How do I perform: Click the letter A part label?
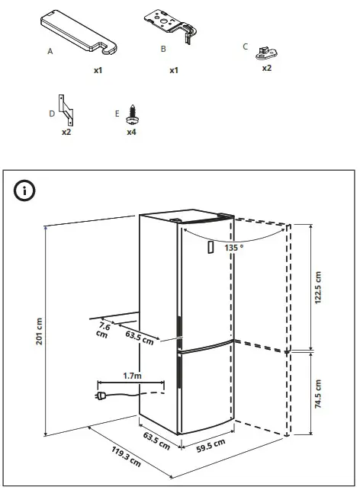tap(50, 53)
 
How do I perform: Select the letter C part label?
tap(245, 46)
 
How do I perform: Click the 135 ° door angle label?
tap(234, 248)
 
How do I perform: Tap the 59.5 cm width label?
tap(208, 444)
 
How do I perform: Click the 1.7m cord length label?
tap(133, 375)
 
